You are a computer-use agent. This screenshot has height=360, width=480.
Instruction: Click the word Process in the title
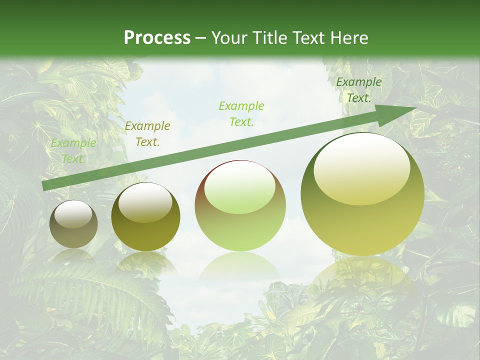click(157, 37)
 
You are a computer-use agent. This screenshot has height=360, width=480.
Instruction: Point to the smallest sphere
click(73, 224)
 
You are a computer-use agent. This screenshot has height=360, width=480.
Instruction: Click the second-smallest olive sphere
click(145, 217)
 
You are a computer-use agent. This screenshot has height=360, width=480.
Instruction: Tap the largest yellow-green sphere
click(362, 194)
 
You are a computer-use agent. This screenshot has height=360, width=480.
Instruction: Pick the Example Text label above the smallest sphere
click(73, 150)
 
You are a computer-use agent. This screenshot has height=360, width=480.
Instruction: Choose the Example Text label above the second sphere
click(147, 134)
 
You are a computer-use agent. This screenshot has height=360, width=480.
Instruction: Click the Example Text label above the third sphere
click(241, 113)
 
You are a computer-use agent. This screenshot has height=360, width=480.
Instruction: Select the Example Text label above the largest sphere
click(359, 90)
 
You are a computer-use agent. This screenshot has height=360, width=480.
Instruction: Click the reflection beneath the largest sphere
click(362, 272)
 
